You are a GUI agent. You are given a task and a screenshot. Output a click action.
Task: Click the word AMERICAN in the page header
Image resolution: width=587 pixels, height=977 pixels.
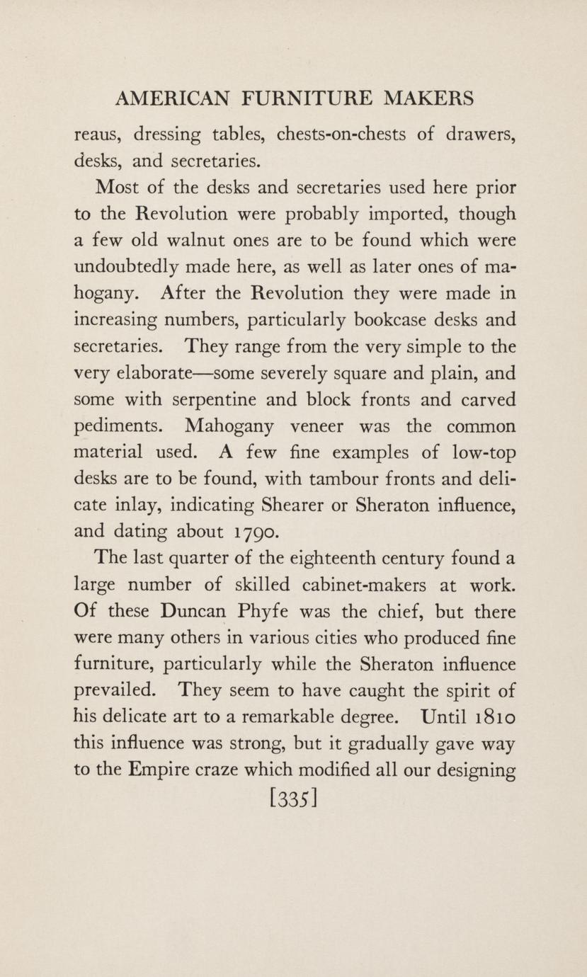point(172,98)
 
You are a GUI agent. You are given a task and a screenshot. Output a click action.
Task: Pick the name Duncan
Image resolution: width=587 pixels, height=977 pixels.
point(193,612)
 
